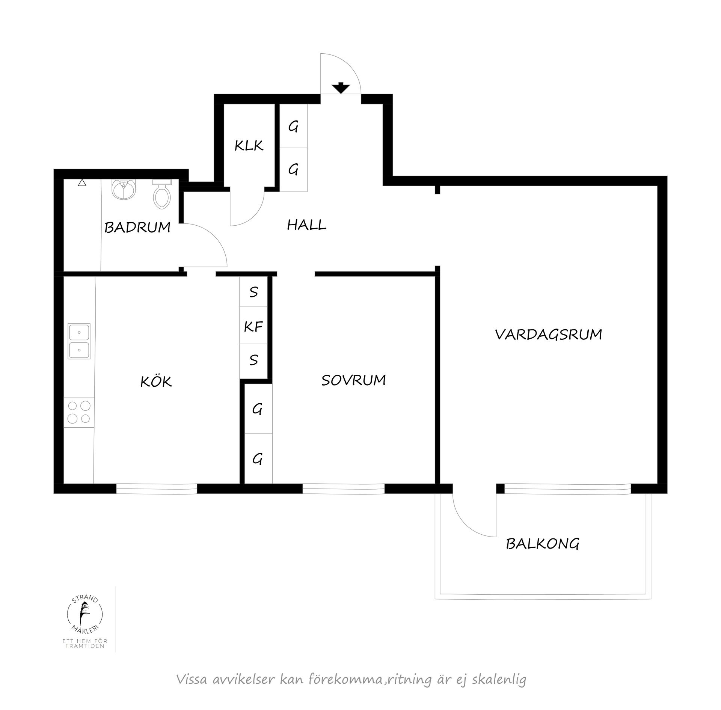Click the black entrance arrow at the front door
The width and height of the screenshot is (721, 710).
tap(341, 88)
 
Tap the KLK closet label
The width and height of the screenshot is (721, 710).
tap(249, 146)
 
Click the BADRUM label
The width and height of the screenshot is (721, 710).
tap(137, 228)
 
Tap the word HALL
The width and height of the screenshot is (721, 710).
tap(306, 225)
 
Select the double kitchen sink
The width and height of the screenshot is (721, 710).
tap(79, 341)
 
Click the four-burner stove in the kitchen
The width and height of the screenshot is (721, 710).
tap(79, 412)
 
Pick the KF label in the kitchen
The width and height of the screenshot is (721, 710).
tap(253, 327)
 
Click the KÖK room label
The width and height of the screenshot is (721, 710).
tap(156, 382)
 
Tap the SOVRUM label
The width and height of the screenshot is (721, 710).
tap(353, 380)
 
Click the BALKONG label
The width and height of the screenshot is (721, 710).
tap(542, 544)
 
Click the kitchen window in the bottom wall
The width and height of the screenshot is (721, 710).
tap(156, 488)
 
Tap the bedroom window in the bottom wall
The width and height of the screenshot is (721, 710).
tap(343, 488)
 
